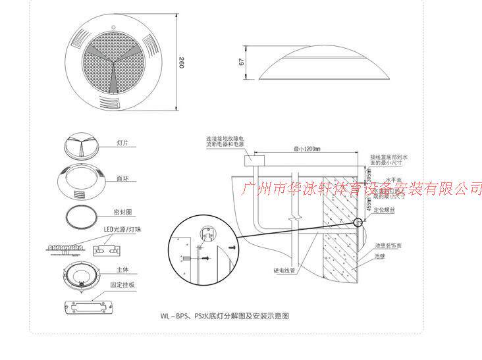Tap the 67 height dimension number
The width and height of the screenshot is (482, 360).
click(x=242, y=62)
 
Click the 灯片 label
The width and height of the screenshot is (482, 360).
click(x=122, y=142)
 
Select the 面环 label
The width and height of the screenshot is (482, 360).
click(x=122, y=178)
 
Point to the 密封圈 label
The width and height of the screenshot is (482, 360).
click(x=124, y=213)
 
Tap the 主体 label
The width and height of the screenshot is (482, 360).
click(x=121, y=269)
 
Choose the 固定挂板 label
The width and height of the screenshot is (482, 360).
click(x=123, y=285)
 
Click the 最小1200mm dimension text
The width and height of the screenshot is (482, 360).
click(x=307, y=150)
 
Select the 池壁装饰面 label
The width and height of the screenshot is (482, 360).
click(x=388, y=245)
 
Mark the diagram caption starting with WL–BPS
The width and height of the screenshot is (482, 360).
click(x=225, y=317)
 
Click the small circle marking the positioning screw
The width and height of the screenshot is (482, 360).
click(x=360, y=221)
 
